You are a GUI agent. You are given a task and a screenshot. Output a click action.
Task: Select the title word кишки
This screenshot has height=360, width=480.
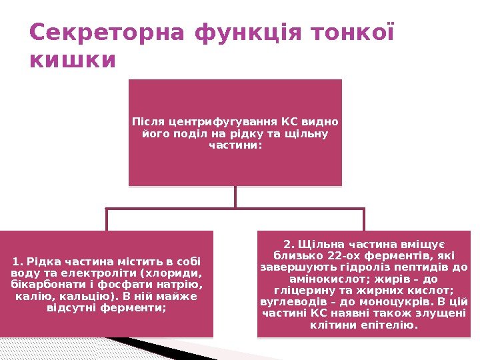tap(73, 60)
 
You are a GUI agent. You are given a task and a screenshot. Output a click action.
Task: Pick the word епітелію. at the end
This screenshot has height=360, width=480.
tap(395, 326)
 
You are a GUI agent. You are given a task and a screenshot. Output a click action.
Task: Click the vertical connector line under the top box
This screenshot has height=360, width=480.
tap(235, 197)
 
